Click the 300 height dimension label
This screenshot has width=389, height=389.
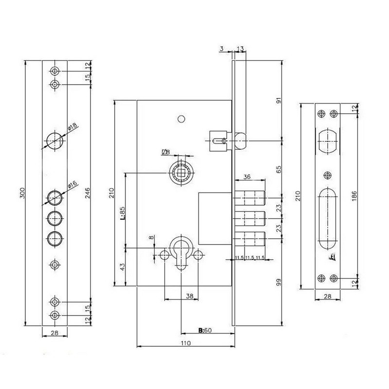22,193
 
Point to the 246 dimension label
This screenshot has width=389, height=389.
88,193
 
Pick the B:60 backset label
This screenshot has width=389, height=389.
205,330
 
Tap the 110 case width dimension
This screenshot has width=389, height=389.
186,343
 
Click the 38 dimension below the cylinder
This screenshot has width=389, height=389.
190,296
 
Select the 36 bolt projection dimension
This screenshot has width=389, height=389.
247,177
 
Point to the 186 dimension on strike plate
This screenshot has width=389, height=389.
354,196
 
